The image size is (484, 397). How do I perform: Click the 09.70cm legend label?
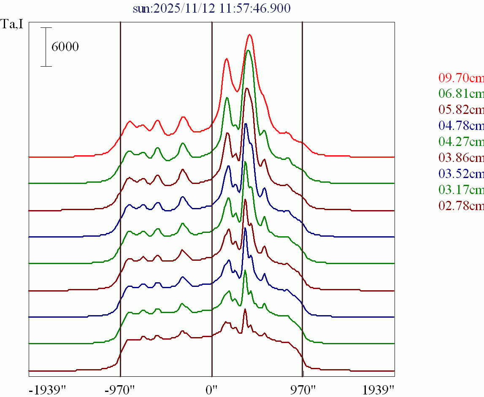pyautogui.click(x=461, y=78)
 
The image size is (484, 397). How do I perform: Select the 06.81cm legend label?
pyautogui.click(x=461, y=94)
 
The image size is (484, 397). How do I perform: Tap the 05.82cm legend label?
pyautogui.click(x=461, y=110)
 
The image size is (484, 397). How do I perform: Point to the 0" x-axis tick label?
pyautogui.click(x=211, y=389)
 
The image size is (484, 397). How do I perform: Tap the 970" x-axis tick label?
pyautogui.click(x=303, y=389)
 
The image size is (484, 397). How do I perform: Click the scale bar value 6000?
pyautogui.click(x=65, y=47)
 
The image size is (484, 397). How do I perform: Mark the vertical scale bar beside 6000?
pyautogui.click(x=46, y=47)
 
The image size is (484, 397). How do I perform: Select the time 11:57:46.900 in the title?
pyautogui.click(x=254, y=8)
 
